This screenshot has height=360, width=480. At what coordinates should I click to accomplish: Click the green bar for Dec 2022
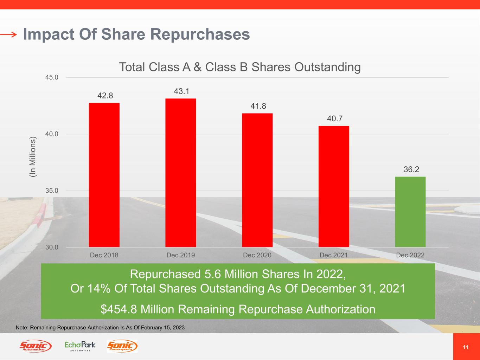(x=410, y=212)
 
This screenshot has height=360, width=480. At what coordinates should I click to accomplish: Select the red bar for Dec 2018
(x=104, y=175)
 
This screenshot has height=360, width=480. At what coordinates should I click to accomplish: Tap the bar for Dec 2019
(x=180, y=173)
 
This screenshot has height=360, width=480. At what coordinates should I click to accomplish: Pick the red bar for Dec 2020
(x=257, y=180)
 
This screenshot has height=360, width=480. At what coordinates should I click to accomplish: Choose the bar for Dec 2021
(x=334, y=186)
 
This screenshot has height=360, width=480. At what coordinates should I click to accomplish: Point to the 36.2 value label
(x=411, y=169)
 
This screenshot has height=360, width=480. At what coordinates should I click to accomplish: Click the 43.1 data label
(x=181, y=91)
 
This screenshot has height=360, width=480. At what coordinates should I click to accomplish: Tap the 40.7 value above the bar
(x=334, y=119)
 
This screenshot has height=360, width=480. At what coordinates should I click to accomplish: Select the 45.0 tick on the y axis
(x=52, y=77)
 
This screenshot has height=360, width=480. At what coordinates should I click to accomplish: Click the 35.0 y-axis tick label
(x=52, y=191)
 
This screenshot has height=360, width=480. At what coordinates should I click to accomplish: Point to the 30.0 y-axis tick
(x=52, y=247)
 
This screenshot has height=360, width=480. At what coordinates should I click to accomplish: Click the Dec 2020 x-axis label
(x=257, y=255)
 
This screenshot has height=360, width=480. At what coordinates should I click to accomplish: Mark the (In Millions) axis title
(x=33, y=156)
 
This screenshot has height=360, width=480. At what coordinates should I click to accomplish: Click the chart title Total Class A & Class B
(x=240, y=67)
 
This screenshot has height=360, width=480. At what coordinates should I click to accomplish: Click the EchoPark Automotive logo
(x=80, y=346)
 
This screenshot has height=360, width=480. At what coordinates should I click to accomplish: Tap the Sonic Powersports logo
(x=122, y=346)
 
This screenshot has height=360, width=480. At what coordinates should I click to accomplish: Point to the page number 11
(x=466, y=347)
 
